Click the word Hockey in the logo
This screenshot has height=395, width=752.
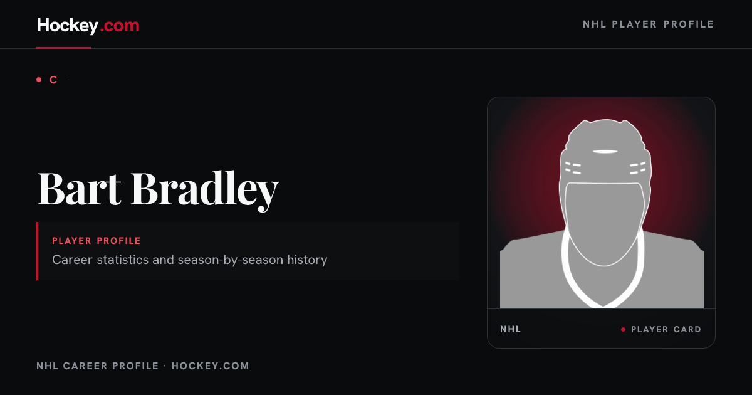pos(68,26)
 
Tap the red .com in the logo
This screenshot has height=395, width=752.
pos(120,26)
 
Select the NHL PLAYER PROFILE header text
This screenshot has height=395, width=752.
pos(648,24)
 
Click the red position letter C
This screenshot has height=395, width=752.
pos(53,80)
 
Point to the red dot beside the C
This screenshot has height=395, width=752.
pos(39,80)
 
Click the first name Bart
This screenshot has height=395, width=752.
pos(79,188)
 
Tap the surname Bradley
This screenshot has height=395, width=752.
pos(205,191)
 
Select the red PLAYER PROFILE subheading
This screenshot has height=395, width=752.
pos(97,241)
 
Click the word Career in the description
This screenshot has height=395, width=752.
pos(72,260)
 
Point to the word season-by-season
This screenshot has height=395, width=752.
pos(231,260)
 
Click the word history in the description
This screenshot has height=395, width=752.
pos(307,260)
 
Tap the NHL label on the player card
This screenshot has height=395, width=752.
pos(510,329)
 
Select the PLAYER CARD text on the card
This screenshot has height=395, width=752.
pos(666,330)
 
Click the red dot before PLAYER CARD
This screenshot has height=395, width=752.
pos(623,330)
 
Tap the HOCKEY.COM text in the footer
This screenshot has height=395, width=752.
pos(210,366)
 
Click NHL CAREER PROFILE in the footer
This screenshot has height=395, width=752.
pos(97,366)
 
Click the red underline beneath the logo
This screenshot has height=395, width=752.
pos(64,48)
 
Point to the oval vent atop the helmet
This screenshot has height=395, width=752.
pos(605,152)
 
